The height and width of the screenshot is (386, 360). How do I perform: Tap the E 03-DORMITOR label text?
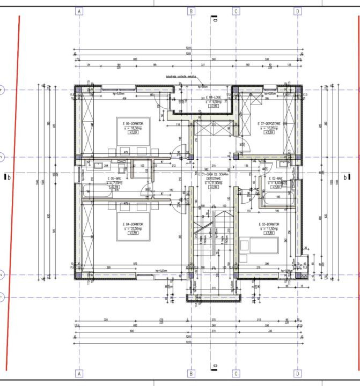(x=269, y=224)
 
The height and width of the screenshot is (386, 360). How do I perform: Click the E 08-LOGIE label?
(x=213, y=98)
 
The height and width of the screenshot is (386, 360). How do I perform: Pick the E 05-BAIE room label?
(x=115, y=179)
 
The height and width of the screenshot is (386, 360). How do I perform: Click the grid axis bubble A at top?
(x=79, y=11)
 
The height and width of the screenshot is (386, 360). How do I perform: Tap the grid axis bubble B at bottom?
(x=190, y=373)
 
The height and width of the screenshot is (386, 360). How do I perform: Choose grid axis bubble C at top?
(x=236, y=11)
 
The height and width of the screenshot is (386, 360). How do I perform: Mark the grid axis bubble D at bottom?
(x=297, y=373)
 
